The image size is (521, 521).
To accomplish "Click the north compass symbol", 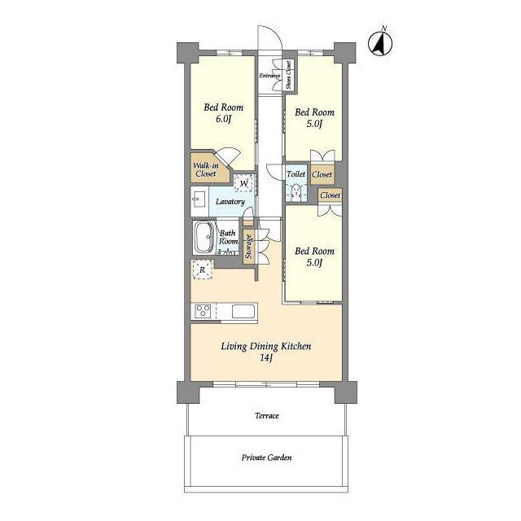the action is pos(380,42).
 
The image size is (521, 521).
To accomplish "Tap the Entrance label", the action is pos(269,76).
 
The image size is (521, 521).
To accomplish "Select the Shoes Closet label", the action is pos(288,75).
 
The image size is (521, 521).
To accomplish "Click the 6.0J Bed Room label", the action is pos(223,113).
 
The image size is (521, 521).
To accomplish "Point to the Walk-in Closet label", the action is pos(206,169).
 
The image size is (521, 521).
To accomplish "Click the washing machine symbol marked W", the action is pos(244,183).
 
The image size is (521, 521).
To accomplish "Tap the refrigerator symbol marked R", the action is pos(202,269).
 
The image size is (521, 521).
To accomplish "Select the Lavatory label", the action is pos(230,202).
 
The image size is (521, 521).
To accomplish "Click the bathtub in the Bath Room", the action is pos(204,238).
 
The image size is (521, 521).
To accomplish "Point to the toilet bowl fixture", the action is pos(296,191).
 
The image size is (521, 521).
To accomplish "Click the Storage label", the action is pos(248,246).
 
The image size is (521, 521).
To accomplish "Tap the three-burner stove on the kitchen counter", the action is pos(203,312).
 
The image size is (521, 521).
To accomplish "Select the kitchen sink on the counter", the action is pos(243,312).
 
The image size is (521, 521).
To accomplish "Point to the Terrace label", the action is pos(267,416).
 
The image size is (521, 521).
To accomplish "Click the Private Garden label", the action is pos(267,458).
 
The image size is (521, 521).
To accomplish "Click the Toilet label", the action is pos(296,173).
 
